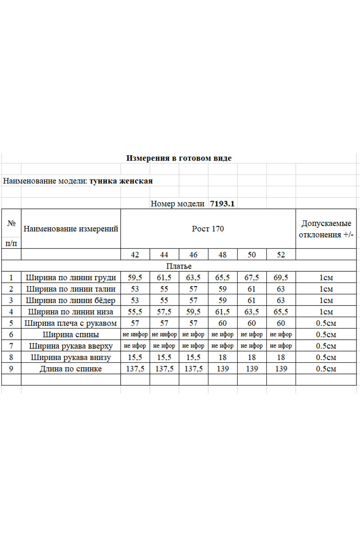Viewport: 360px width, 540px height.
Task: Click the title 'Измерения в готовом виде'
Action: (179, 158)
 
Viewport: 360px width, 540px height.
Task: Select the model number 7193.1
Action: (223, 203)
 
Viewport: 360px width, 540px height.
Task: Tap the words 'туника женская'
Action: (121, 181)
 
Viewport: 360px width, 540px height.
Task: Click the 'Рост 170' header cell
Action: (208, 229)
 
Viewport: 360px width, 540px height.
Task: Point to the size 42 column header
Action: (135, 255)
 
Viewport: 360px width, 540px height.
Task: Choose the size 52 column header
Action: (281, 255)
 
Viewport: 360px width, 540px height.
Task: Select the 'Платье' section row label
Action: (179, 266)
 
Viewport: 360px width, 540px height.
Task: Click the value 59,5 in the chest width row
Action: (135, 278)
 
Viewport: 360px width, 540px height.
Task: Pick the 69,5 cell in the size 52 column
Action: (281, 278)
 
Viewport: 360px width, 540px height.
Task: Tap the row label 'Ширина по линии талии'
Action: (71, 289)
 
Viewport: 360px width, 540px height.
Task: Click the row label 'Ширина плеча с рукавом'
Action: (71, 323)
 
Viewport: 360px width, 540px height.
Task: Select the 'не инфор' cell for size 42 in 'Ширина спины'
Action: (135, 334)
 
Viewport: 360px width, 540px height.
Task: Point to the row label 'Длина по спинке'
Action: (71, 369)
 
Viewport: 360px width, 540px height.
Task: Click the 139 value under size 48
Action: (222, 369)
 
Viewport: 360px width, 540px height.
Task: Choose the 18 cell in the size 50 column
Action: (252, 357)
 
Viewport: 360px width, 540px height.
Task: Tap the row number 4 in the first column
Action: (11, 312)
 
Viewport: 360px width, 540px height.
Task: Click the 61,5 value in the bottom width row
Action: (222, 312)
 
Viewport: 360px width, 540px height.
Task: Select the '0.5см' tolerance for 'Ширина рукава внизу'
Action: (326, 357)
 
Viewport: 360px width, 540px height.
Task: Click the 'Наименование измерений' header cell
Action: (71, 229)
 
